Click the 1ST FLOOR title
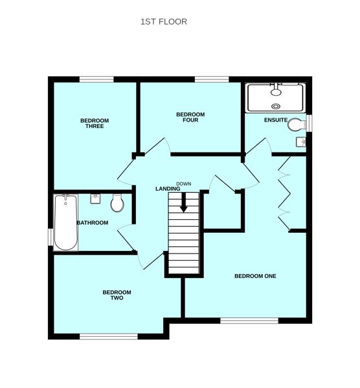[x=164, y=22]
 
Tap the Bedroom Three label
[x=95, y=124]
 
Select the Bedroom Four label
[x=190, y=117]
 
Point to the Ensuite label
[x=276, y=120]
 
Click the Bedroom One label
[x=256, y=276]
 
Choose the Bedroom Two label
[x=117, y=295]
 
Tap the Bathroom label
[x=93, y=222]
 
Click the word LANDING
[x=168, y=189]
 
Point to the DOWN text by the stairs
[x=184, y=184]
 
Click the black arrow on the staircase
[x=183, y=202]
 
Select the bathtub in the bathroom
[x=65, y=222]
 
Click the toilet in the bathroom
[x=117, y=203]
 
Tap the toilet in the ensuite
[x=297, y=124]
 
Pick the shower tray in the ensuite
[x=276, y=98]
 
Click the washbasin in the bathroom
[x=95, y=199]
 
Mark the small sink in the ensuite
[x=301, y=142]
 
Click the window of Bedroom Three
[x=96, y=80]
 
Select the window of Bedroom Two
[x=109, y=336]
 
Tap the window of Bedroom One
[x=249, y=321]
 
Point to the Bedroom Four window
[x=212, y=80]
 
